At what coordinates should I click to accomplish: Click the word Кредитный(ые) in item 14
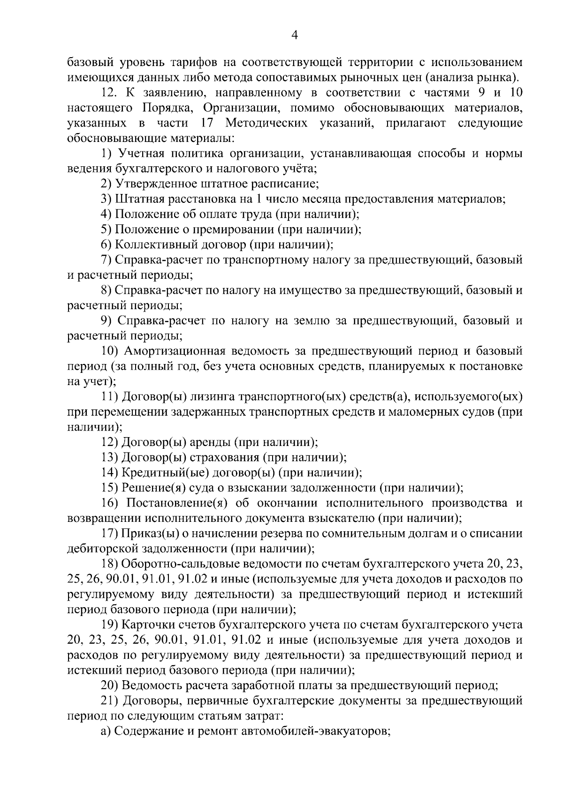[x=155, y=473]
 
